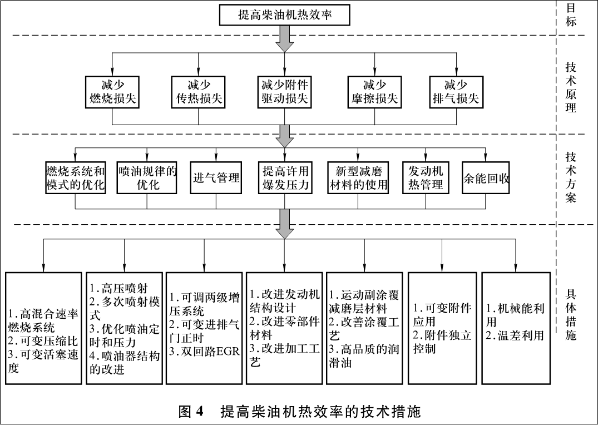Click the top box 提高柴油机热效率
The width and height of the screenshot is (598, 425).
[x=285, y=15]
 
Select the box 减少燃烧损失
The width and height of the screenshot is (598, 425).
[x=113, y=92]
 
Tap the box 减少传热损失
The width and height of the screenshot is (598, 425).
[x=199, y=92]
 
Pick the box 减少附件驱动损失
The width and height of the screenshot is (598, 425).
[x=285, y=92]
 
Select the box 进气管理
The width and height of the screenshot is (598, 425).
[x=216, y=178]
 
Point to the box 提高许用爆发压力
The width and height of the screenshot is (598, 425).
[x=285, y=178]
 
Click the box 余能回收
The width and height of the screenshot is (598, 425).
[x=486, y=179]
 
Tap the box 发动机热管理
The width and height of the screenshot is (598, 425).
[x=425, y=178]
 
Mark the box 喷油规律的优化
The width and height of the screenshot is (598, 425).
[x=147, y=178]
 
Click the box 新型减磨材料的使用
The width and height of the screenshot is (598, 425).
[x=358, y=178]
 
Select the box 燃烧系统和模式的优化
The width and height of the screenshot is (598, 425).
[x=75, y=178]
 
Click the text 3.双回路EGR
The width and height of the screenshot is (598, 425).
[x=204, y=351]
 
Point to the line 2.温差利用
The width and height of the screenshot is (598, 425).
[x=515, y=335]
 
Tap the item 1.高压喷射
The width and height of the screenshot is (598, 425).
[x=117, y=288]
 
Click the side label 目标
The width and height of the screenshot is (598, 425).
[x=571, y=15]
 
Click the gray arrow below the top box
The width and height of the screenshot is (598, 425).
[x=285, y=38]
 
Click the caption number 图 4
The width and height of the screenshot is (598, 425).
[x=191, y=412]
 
